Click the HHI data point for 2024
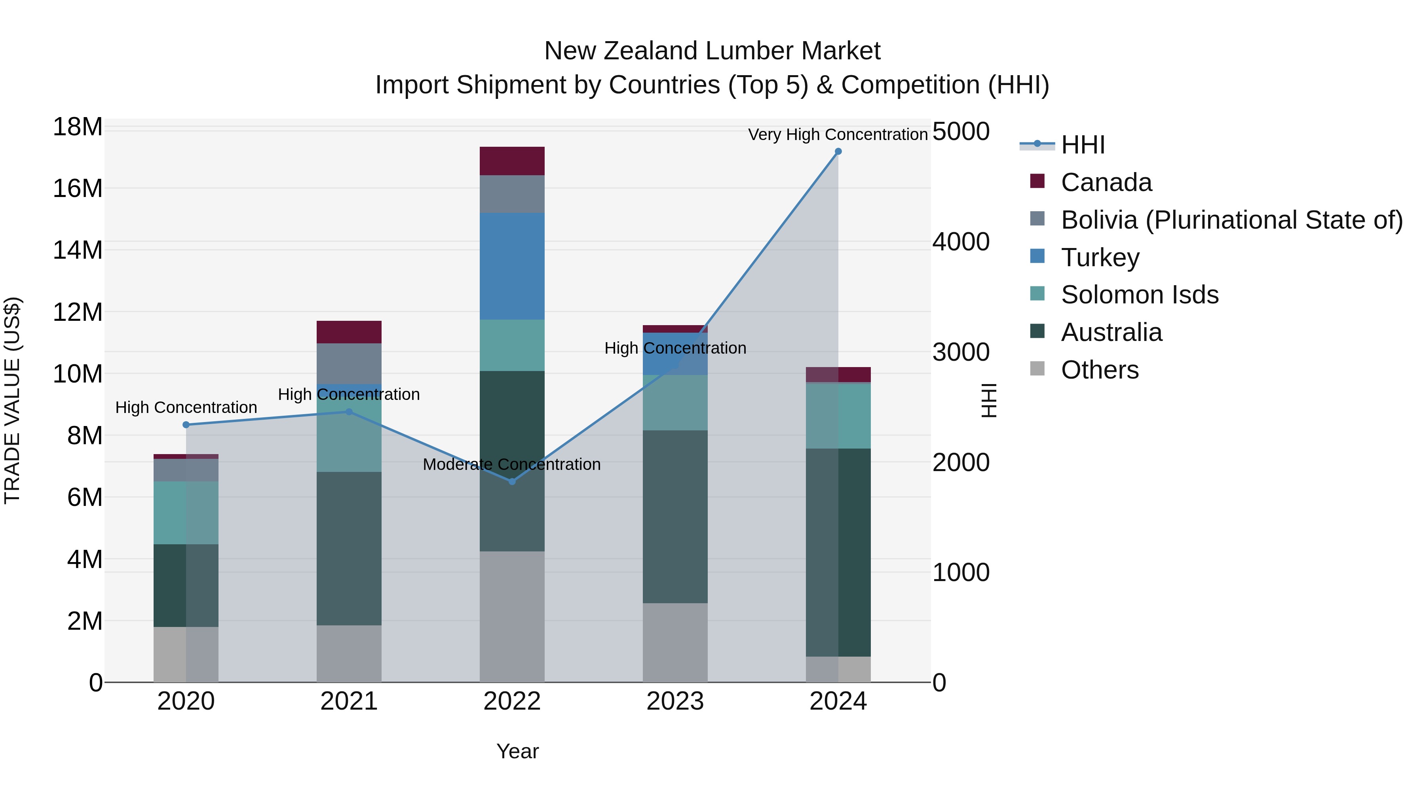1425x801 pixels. tap(838, 151)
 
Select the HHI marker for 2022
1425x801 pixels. tap(512, 481)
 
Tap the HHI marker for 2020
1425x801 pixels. tap(186, 424)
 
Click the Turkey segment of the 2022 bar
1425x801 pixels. tap(512, 266)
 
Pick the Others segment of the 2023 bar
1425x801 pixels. tap(675, 642)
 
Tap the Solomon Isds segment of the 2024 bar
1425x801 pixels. tap(838, 416)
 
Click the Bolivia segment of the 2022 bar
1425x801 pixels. tap(512, 194)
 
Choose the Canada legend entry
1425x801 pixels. tap(1106, 182)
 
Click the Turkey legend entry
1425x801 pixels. tap(1100, 258)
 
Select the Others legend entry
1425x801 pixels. tap(1099, 370)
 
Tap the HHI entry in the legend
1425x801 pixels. tap(1082, 145)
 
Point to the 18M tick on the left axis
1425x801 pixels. tap(78, 127)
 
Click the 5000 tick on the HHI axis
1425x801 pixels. tap(961, 132)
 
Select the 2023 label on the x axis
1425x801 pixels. tap(675, 701)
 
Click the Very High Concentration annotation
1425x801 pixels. tap(838, 134)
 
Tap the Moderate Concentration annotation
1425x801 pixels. tap(512, 464)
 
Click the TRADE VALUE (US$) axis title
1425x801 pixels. tap(12, 400)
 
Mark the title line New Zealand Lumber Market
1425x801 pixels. tap(712, 51)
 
